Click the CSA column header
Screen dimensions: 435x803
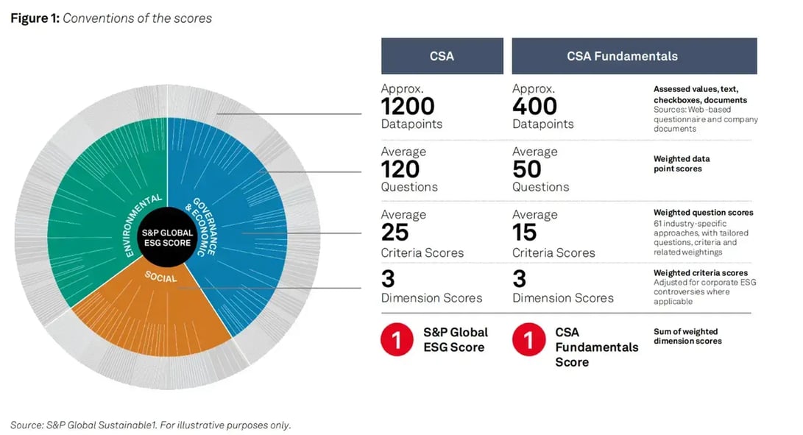pyautogui.click(x=442, y=56)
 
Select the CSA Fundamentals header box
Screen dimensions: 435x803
pyautogui.click(x=634, y=56)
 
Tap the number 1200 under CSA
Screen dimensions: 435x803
pyautogui.click(x=408, y=106)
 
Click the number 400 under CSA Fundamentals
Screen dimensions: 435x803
pyautogui.click(x=534, y=106)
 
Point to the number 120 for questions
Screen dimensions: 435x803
pyautogui.click(x=400, y=169)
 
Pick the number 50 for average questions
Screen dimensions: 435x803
pyautogui.click(x=526, y=169)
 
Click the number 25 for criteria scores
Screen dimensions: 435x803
pyautogui.click(x=395, y=233)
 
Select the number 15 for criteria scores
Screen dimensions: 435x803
pyautogui.click(x=526, y=233)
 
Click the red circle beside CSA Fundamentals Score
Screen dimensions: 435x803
pyautogui.click(x=528, y=341)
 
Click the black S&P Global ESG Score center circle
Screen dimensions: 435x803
pyautogui.click(x=167, y=238)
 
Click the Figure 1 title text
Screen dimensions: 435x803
pyautogui.click(x=111, y=18)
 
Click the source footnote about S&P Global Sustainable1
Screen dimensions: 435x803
pyautogui.click(x=151, y=425)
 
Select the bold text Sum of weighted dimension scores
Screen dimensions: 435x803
pyautogui.click(x=687, y=336)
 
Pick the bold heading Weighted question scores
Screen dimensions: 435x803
pyautogui.click(x=703, y=213)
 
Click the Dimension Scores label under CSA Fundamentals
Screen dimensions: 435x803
pyautogui.click(x=562, y=298)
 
